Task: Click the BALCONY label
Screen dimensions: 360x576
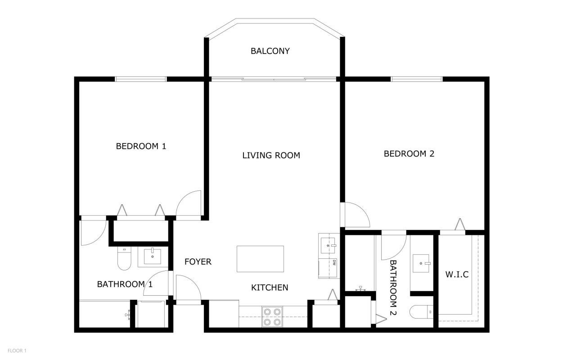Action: click(x=270, y=51)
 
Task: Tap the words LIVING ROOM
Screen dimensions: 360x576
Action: click(x=271, y=155)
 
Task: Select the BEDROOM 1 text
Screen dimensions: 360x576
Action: click(x=141, y=146)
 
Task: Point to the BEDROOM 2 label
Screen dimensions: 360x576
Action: click(x=409, y=153)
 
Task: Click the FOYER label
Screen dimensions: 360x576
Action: click(x=198, y=261)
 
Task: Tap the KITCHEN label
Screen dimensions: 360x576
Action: click(x=270, y=287)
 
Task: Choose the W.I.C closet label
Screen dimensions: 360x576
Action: click(x=457, y=274)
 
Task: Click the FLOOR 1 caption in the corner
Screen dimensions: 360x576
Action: click(x=17, y=350)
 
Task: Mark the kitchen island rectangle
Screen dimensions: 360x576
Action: click(x=260, y=259)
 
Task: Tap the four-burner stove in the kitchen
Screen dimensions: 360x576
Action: click(x=272, y=316)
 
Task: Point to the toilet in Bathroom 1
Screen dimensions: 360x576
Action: click(x=123, y=258)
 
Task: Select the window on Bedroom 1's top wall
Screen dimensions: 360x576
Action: click(x=141, y=79)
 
